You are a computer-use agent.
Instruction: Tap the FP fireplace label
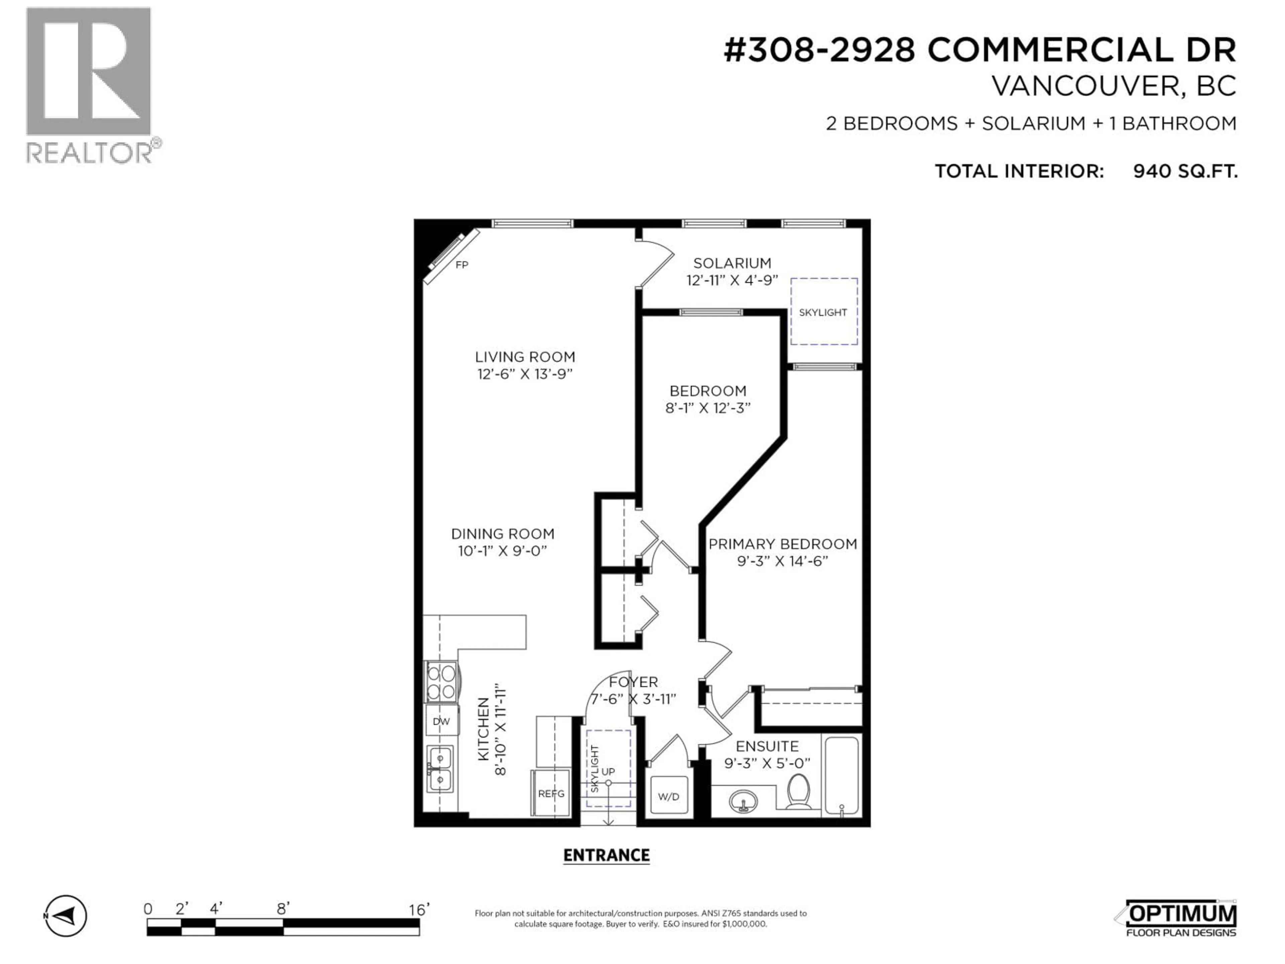462,265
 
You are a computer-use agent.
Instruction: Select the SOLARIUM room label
732,263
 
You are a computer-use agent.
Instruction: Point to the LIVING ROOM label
525,357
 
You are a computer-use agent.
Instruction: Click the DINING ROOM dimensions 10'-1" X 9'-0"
503,551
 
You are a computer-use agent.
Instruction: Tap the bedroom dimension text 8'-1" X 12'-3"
707,408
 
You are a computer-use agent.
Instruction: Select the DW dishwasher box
441,722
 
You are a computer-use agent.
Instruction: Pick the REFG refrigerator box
551,793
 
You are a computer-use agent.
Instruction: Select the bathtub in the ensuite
842,776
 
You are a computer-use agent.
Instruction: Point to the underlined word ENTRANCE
606,855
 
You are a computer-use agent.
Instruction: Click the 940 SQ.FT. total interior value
1185,171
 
